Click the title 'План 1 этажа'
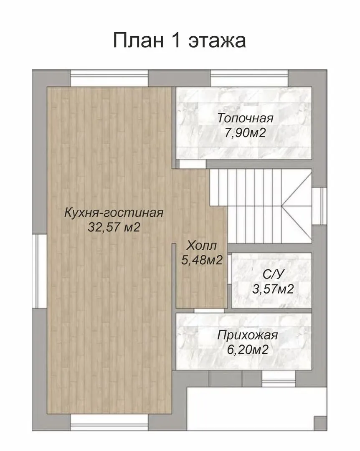[179, 40]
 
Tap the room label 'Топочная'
[245, 118]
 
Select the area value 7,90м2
[245, 133]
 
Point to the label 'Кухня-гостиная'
[114, 213]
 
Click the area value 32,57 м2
[114, 228]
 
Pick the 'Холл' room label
[201, 246]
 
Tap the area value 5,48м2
[202, 260]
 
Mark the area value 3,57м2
[273, 289]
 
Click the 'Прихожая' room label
[248, 336]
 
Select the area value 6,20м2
[248, 350]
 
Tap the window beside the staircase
[319, 206]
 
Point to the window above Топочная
[249, 78]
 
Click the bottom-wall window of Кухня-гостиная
[109, 422]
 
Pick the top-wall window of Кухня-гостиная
[109, 78]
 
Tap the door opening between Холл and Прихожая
[209, 311]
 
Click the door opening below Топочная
[192, 164]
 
